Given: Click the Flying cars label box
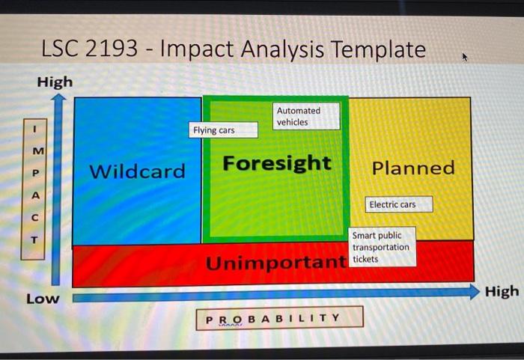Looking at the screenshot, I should (x=222, y=130).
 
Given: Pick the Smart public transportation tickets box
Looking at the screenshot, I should (x=382, y=247).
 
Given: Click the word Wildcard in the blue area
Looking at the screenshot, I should (x=137, y=171).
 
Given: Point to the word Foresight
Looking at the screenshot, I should (x=276, y=163).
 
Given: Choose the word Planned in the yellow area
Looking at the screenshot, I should (x=413, y=168).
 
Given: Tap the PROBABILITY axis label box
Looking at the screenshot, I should (x=280, y=317).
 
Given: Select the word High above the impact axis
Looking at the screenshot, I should (x=55, y=82).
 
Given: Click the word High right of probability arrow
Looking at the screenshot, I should (x=501, y=291).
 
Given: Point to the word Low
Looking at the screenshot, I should (x=43, y=299).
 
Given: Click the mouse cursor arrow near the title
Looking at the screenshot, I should (x=466, y=57).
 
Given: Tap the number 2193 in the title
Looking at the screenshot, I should (x=112, y=49).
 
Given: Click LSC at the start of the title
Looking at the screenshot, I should (x=58, y=49).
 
